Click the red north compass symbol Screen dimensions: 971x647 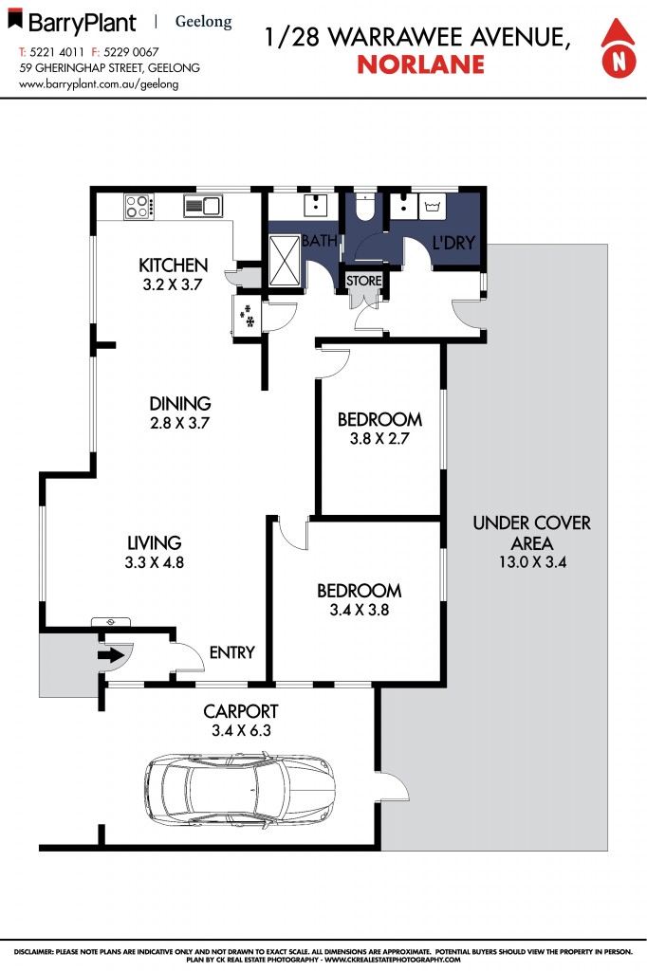pos(619,51)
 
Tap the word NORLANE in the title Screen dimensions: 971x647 pos(420,64)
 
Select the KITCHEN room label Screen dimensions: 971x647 pos(173,265)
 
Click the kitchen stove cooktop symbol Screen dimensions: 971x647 pos(139,206)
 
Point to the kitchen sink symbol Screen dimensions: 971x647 pos(202,206)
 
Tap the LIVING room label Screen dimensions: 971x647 pos(155,542)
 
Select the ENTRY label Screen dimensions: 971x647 pos(232,652)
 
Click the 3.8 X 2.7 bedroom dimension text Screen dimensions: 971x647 pos(379,438)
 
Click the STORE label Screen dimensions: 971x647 pos(364,281)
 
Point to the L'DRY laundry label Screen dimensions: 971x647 pos(453,244)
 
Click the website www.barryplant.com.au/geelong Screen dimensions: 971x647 pos(99,83)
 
